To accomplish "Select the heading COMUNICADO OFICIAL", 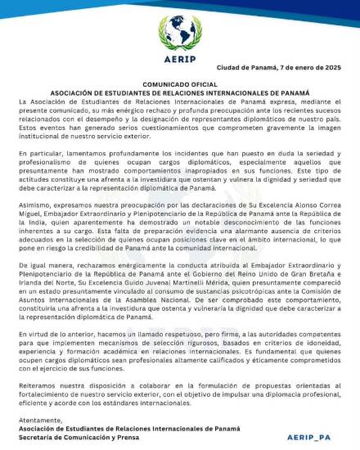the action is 180,85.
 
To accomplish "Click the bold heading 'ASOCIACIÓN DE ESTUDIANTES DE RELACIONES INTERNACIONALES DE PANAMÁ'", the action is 180,93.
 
